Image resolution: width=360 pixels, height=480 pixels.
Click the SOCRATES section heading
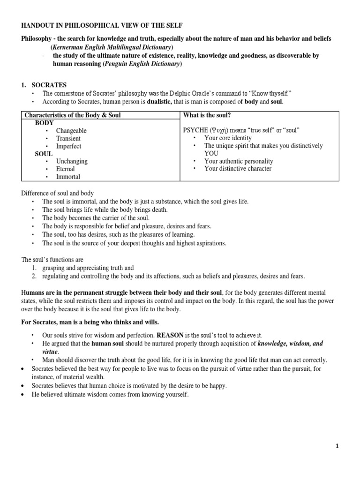click(x=49, y=85)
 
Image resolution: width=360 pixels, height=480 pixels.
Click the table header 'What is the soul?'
click(x=207, y=115)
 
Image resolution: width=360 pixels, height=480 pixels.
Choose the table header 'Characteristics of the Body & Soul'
click(x=72, y=115)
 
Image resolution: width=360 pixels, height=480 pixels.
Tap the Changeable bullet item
click(x=71, y=130)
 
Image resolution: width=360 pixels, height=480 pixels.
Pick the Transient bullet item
click(x=68, y=138)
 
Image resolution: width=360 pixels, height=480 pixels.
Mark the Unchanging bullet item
click(x=71, y=161)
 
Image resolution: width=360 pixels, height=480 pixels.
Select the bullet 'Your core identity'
click(x=228, y=138)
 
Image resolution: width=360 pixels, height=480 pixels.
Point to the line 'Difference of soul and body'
click(x=58, y=193)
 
